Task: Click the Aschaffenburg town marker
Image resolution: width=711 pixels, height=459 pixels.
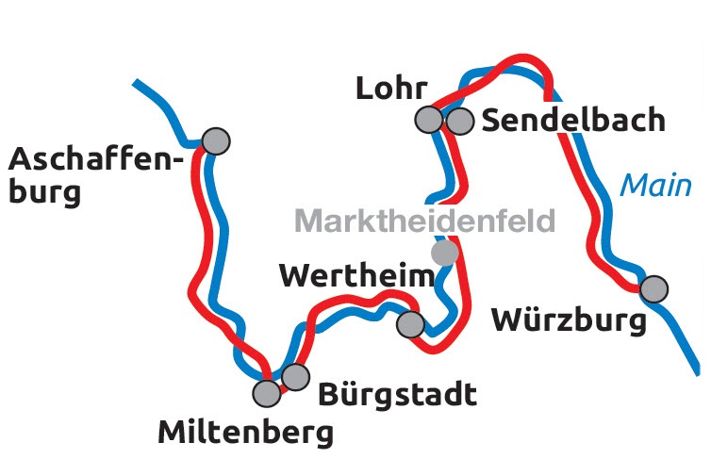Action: [x=216, y=140]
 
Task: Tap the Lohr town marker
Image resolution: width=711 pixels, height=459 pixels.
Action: [x=429, y=120]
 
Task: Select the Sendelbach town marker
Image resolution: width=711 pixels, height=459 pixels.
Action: [x=460, y=121]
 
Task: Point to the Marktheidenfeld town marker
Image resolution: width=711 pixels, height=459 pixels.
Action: [x=444, y=253]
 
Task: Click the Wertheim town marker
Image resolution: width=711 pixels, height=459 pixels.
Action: [x=410, y=324]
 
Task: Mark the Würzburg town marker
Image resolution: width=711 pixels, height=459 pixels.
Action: [x=653, y=287]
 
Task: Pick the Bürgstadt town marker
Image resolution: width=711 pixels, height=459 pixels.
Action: [x=296, y=377]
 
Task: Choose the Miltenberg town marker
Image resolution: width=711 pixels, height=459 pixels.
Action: [x=268, y=392]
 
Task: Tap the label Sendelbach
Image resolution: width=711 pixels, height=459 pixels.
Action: [x=573, y=121]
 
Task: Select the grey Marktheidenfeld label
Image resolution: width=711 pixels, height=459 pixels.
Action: [x=425, y=221]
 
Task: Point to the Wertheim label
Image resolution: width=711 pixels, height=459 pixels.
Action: [x=358, y=276]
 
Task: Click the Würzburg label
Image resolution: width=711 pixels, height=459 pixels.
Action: [x=570, y=320]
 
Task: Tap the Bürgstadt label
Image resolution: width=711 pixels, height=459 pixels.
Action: [x=397, y=395]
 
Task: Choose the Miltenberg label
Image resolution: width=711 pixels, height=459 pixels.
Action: [x=245, y=433]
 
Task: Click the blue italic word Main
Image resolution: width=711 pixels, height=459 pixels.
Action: [x=655, y=185]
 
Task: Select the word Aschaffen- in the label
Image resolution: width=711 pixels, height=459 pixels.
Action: [x=94, y=158]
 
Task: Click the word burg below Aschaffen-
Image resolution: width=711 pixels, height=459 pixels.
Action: [x=45, y=194]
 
